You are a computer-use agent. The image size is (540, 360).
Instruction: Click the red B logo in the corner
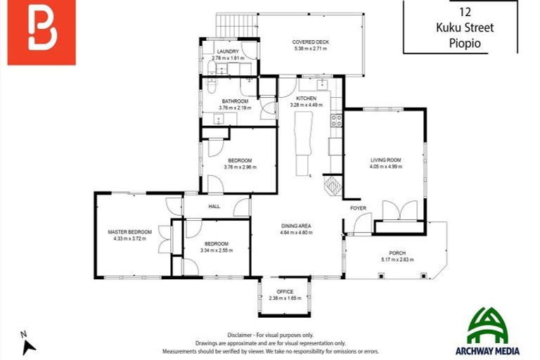click(41, 33)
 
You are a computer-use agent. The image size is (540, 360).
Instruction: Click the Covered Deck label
click(310, 42)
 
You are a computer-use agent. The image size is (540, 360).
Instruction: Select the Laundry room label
click(228, 51)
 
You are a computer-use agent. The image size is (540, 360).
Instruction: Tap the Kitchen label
click(306, 98)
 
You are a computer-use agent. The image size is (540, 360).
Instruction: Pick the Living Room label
click(385, 160)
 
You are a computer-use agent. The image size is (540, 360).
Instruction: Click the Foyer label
click(359, 208)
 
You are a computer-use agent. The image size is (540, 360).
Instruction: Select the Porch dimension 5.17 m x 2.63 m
click(397, 259)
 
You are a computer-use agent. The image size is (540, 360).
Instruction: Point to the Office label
click(285, 291)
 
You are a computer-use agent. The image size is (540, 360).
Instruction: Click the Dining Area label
click(296, 226)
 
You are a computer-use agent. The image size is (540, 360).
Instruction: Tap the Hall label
click(214, 207)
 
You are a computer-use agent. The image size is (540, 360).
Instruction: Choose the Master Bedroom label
click(129, 232)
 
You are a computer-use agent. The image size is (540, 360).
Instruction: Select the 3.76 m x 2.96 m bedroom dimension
click(240, 167)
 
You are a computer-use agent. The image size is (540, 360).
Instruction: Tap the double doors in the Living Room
click(399, 210)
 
